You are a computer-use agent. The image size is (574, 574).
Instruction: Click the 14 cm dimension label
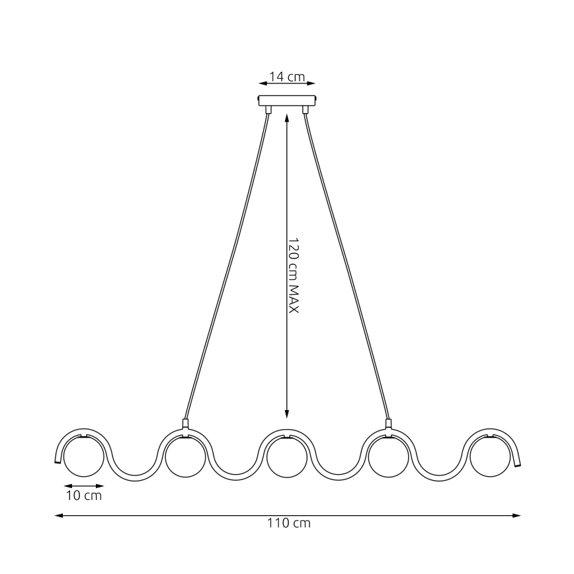(x=287, y=77)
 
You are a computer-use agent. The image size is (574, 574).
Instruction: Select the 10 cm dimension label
(x=84, y=495)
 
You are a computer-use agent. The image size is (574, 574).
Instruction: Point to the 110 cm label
(x=289, y=524)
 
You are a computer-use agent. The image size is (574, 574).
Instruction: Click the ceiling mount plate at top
(x=287, y=101)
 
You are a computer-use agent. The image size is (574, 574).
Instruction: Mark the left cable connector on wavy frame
(x=185, y=424)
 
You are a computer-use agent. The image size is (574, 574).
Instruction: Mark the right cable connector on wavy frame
(x=388, y=424)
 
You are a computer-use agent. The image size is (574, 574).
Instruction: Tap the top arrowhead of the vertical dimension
(x=286, y=118)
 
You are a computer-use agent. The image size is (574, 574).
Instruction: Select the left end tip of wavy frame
(x=57, y=460)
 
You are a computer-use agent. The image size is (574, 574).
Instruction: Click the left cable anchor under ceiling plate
(x=268, y=110)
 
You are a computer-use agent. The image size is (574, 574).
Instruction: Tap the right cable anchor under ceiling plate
(x=306, y=110)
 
